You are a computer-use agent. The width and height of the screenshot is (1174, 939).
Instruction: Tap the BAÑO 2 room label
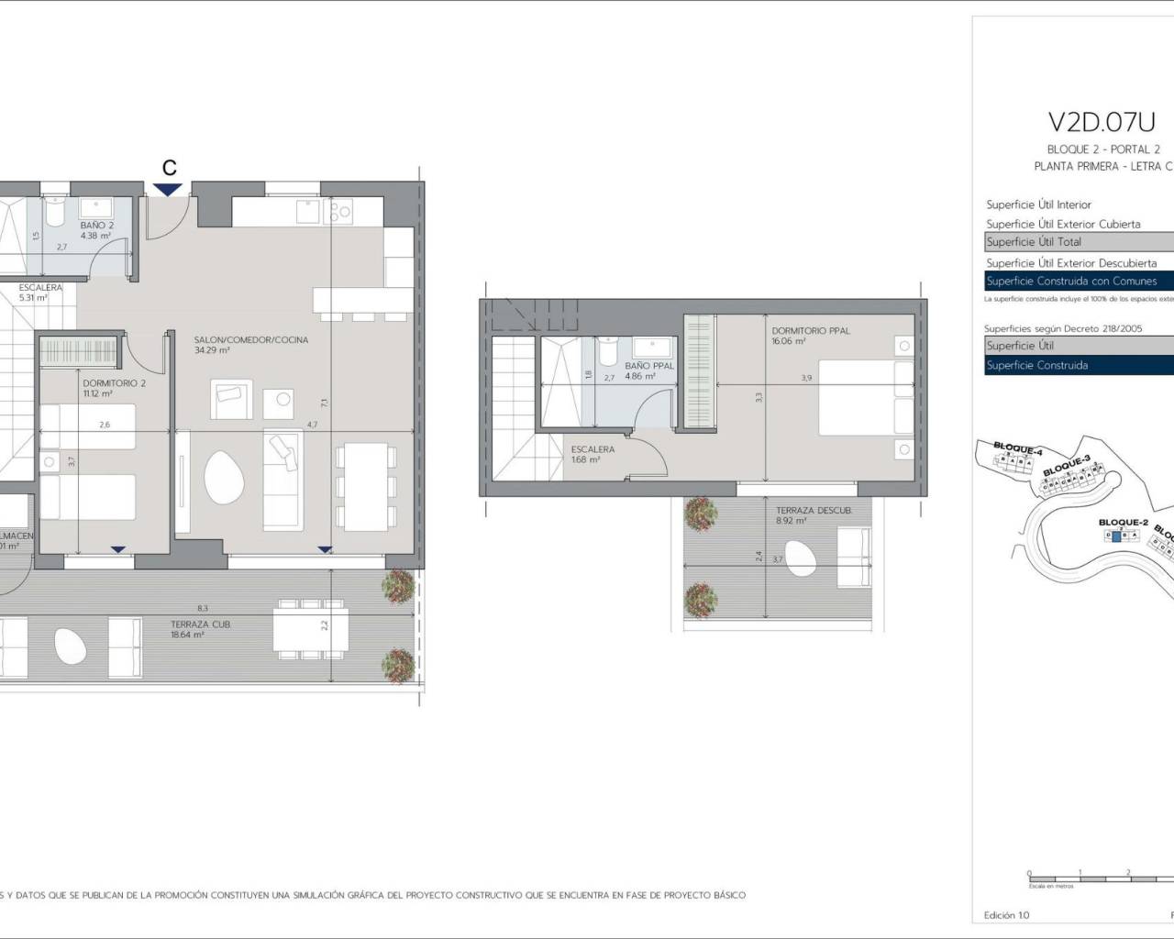click(x=96, y=225)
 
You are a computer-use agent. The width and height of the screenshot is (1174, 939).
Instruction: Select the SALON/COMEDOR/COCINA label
click(x=251, y=339)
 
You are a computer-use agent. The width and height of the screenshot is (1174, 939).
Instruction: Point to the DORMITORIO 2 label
click(x=114, y=383)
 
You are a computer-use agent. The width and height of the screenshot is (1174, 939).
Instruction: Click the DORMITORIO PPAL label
click(x=812, y=330)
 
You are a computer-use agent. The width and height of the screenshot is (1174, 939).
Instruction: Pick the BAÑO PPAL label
click(x=649, y=366)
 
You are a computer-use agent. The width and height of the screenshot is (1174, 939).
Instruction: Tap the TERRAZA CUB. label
click(x=200, y=624)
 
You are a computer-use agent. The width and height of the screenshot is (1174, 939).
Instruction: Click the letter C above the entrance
click(x=169, y=167)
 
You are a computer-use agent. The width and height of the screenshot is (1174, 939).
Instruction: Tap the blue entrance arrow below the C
click(x=168, y=189)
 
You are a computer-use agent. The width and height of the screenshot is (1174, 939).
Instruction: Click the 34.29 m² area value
click(x=211, y=350)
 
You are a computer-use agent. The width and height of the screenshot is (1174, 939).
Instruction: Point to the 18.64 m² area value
click(x=187, y=635)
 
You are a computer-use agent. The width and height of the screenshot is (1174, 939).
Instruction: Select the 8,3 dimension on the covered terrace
click(x=202, y=608)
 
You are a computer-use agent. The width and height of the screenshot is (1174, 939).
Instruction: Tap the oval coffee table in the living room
click(x=224, y=478)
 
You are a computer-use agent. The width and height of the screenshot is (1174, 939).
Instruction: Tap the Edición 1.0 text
click(x=1006, y=915)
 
